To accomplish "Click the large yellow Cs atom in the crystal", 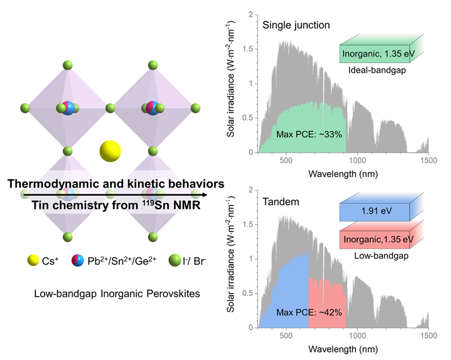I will pos(110,151).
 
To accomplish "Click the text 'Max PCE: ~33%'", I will pos(310,134).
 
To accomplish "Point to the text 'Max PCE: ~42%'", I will pos(310,313).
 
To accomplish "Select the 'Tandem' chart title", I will pos(281,201).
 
